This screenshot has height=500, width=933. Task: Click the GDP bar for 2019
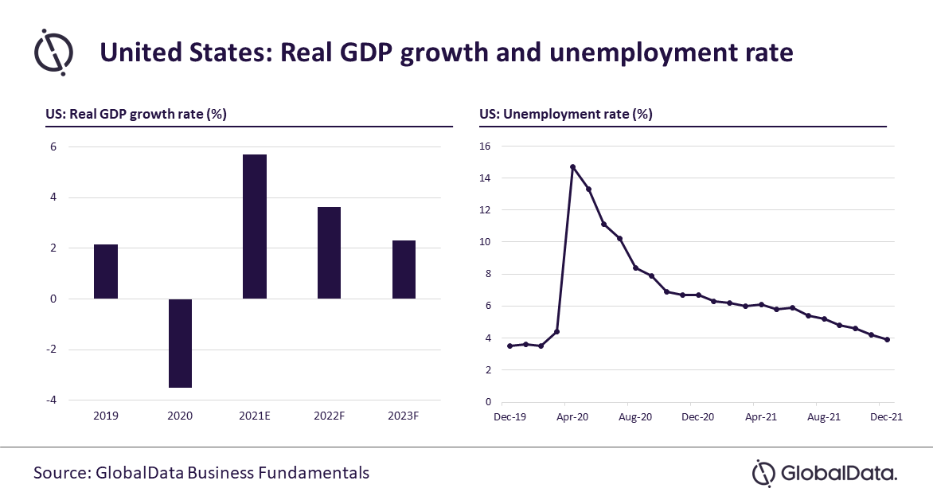(106, 271)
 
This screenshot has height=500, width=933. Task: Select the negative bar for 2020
(180, 343)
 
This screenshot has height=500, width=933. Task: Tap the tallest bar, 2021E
(255, 227)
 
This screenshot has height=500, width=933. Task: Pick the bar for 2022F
(329, 253)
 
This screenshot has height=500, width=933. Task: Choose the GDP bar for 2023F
(404, 269)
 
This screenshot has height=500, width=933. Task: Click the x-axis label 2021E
(255, 416)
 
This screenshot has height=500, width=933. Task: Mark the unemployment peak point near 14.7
(572, 167)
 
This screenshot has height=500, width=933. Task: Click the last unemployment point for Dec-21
(887, 340)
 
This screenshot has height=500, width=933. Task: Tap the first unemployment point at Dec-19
(509, 346)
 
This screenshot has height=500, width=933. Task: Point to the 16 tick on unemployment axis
(485, 146)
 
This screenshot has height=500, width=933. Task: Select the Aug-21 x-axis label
(823, 416)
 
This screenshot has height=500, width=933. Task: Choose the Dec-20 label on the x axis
(697, 416)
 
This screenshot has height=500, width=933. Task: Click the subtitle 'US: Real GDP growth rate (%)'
(136, 114)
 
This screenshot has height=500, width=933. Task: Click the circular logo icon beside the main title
(54, 52)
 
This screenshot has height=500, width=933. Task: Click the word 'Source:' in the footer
(61, 473)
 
